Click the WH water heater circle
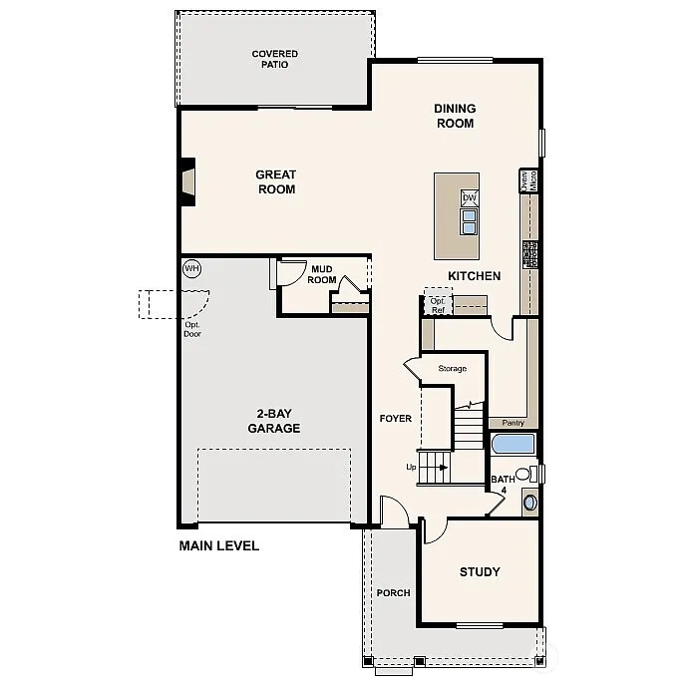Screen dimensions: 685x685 pyautogui.click(x=191, y=268)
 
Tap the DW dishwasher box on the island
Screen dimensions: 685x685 pyautogui.click(x=469, y=197)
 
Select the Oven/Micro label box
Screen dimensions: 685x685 pyautogui.click(x=529, y=180)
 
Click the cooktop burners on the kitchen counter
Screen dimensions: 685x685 pyautogui.click(x=529, y=254)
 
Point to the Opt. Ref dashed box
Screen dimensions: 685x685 pyautogui.click(x=437, y=303)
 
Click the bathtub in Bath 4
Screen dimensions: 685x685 pyautogui.click(x=514, y=444)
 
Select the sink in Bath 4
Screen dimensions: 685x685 pyautogui.click(x=529, y=502)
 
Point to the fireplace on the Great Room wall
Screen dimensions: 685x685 pyautogui.click(x=186, y=181)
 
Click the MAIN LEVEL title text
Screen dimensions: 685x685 pyautogui.click(x=218, y=545)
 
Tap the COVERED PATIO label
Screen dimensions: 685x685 pyautogui.click(x=274, y=60)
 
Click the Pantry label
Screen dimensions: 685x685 pyautogui.click(x=513, y=423)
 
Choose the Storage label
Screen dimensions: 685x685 pyautogui.click(x=452, y=369)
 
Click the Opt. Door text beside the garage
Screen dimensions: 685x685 pyautogui.click(x=192, y=329)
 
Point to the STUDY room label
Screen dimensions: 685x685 pyautogui.click(x=479, y=572)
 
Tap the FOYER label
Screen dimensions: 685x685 pyautogui.click(x=395, y=419)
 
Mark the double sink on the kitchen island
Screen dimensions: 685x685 pyautogui.click(x=469, y=218)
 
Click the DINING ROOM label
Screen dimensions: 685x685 pyautogui.click(x=454, y=116)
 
